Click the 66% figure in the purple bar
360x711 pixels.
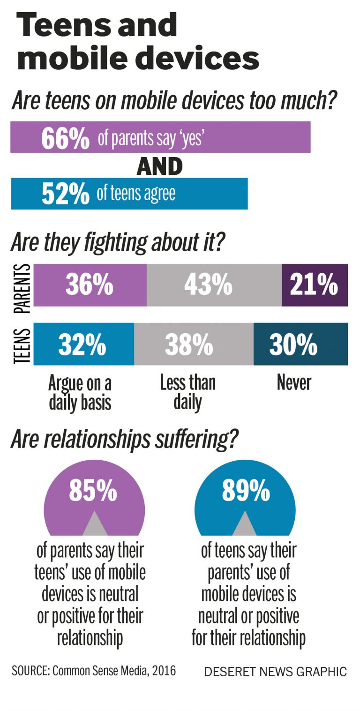[65, 138]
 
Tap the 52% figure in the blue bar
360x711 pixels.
[65, 194]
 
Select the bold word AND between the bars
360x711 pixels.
[159, 166]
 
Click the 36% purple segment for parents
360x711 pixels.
[90, 285]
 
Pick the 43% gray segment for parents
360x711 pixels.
[209, 285]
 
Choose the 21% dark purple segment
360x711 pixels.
[314, 285]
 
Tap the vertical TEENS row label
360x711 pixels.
[22, 346]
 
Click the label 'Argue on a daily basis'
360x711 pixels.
[80, 393]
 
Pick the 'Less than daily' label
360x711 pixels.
[187, 392]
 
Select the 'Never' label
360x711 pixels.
[294, 383]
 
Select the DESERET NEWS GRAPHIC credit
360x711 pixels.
[275, 672]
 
